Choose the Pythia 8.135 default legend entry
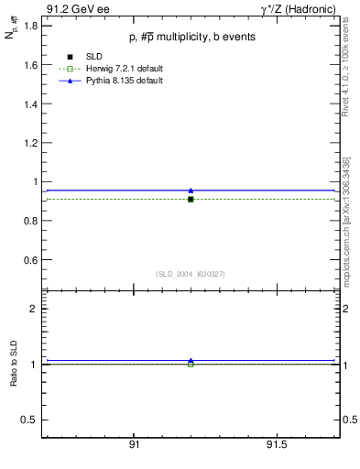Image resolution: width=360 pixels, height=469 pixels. pyautogui.click(x=113, y=81)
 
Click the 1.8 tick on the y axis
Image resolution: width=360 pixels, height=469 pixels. pyautogui.click(x=29, y=26)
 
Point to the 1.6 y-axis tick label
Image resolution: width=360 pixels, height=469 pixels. pyautogui.click(x=29, y=65)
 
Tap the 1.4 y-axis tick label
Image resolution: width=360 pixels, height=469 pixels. pyautogui.click(x=29, y=104)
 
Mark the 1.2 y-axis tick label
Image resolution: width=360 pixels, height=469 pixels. pyautogui.click(x=29, y=143)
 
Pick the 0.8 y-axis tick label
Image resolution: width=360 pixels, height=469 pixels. pyautogui.click(x=29, y=221)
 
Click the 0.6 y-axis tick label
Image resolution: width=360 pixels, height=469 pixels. pyautogui.click(x=29, y=260)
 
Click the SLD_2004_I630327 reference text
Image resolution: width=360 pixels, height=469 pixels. pyautogui.click(x=191, y=274)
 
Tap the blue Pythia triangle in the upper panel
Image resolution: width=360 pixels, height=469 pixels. pyautogui.click(x=191, y=191)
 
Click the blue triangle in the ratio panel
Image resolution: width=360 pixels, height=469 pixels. pyautogui.click(x=191, y=361)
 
